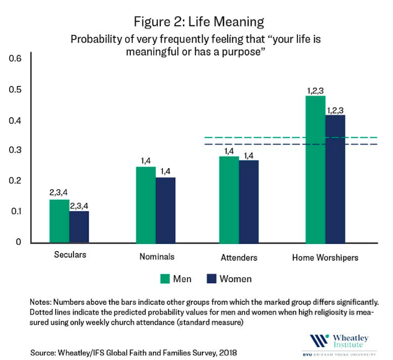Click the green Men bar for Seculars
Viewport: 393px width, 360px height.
click(59, 221)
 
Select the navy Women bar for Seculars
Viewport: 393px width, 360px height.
click(79, 227)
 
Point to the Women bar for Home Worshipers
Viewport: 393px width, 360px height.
click(335, 179)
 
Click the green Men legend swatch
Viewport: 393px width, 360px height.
click(165, 278)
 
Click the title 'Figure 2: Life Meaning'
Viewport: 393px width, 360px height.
click(196, 22)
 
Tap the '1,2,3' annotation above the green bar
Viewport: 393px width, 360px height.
click(315, 91)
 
